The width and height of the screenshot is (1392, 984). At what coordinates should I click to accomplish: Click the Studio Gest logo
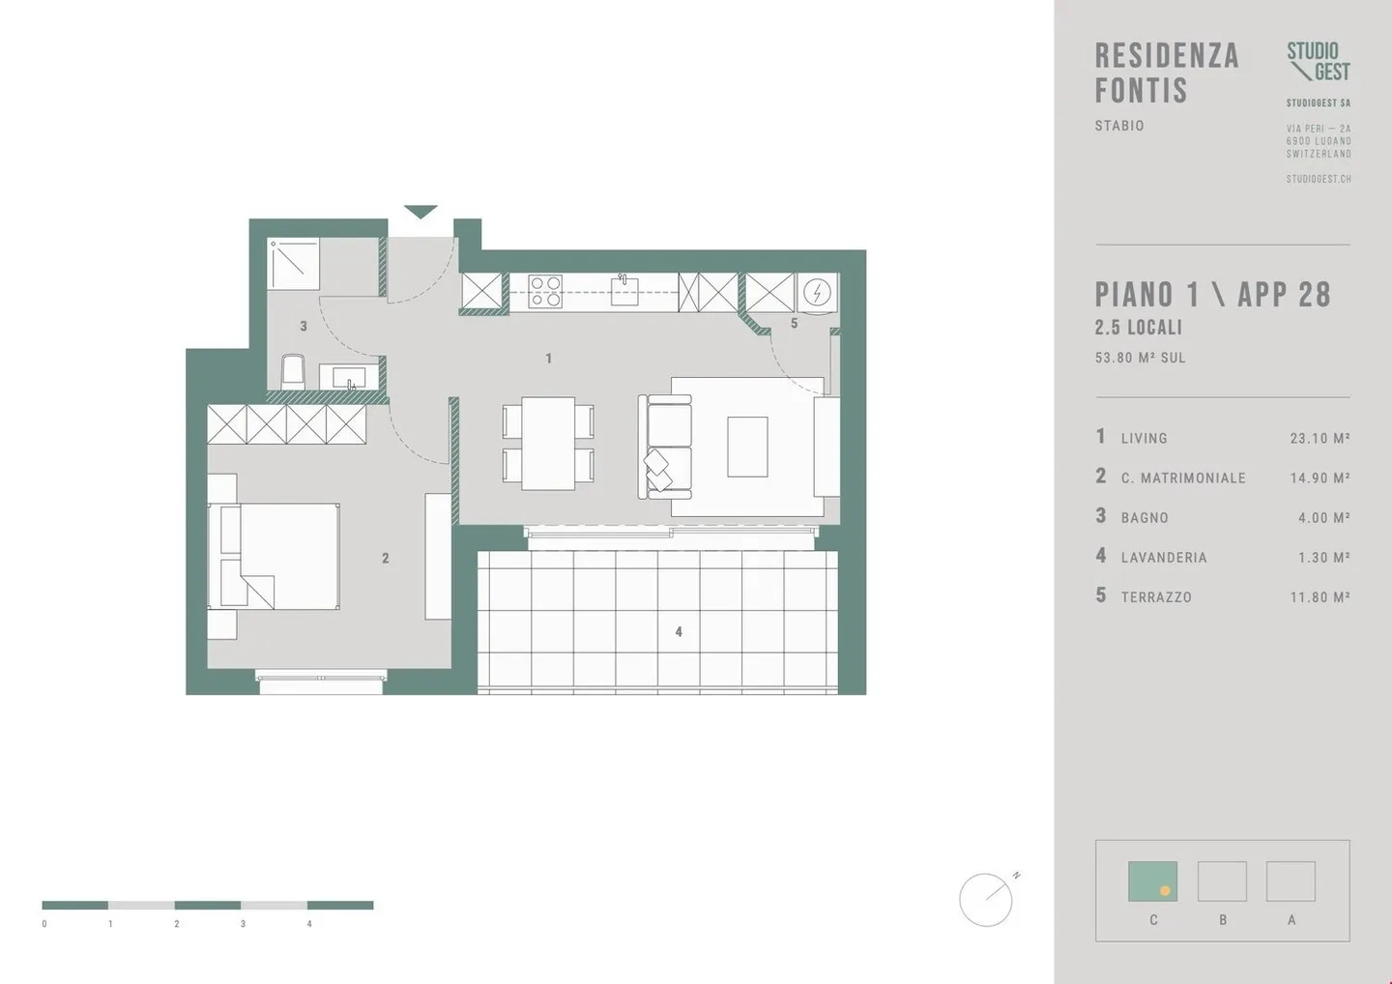point(1318,61)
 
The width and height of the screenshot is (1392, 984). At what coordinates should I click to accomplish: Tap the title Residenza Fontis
point(1166,72)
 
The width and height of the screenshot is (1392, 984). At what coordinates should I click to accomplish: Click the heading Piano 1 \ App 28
point(1212,295)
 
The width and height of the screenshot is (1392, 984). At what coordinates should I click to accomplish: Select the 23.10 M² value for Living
point(1319,438)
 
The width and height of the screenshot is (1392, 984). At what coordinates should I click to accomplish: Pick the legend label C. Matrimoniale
point(1183,478)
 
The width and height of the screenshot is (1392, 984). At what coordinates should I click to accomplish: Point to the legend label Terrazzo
point(1156,597)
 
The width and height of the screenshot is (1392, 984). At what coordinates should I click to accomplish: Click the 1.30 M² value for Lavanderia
point(1323,557)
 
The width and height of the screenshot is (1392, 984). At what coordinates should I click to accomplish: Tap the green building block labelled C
point(1152,882)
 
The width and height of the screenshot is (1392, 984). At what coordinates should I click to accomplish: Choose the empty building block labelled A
point(1290,882)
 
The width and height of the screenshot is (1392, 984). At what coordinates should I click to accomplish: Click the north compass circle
point(985,900)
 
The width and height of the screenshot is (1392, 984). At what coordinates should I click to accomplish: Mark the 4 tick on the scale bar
point(309,924)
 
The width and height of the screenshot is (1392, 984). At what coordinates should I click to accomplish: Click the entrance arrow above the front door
point(420,212)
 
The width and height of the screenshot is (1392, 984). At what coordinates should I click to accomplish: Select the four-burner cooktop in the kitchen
point(545,292)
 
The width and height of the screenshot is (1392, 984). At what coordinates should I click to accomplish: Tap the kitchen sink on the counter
point(624,292)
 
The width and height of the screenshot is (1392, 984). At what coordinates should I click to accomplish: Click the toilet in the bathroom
point(292,372)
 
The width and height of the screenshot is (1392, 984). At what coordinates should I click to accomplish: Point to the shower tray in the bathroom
point(294,264)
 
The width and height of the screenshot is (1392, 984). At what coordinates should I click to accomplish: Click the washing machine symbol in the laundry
point(817,292)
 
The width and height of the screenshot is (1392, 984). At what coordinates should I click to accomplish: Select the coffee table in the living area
point(747,447)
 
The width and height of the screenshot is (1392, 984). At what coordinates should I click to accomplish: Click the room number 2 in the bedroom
point(385,558)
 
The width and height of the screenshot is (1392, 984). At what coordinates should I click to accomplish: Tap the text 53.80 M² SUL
point(1140,358)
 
